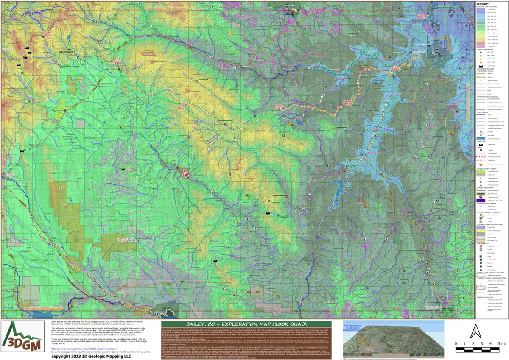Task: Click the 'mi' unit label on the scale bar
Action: tap(503, 343)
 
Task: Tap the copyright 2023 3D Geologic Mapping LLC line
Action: tap(91, 356)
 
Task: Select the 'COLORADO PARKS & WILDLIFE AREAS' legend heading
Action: tap(491, 224)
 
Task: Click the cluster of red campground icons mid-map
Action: tap(185, 173)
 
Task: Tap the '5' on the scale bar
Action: tap(497, 343)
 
